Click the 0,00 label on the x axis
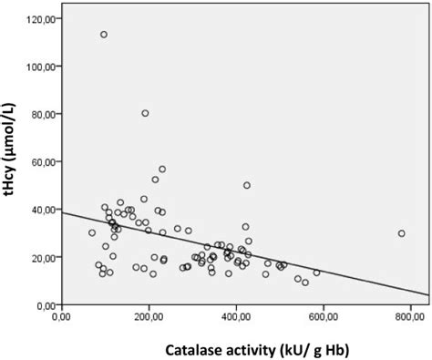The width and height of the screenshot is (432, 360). (x=62, y=318)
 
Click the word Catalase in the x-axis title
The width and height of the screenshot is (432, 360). (x=199, y=349)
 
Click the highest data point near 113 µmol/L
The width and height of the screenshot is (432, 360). (x=104, y=35)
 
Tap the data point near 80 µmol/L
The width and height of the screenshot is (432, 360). (x=145, y=113)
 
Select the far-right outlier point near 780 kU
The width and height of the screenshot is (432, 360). (x=401, y=233)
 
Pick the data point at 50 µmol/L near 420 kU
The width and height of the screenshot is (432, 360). (x=247, y=185)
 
